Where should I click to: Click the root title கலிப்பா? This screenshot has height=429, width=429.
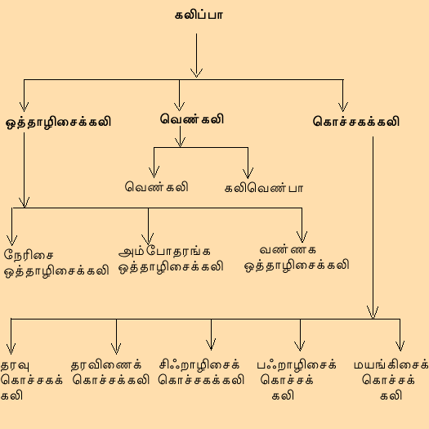click(x=199, y=15)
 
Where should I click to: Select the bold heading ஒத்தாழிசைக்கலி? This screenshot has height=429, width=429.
click(x=59, y=123)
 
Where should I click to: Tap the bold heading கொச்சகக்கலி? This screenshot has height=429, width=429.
click(x=356, y=122)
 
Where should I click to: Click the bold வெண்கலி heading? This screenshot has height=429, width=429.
click(x=192, y=119)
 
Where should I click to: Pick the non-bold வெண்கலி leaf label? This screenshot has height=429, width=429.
click(x=157, y=186)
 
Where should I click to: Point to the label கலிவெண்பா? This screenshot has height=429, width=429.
click(x=264, y=188)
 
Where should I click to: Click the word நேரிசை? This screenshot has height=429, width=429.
click(x=29, y=254)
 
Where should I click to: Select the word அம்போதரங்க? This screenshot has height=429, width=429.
click(x=164, y=251)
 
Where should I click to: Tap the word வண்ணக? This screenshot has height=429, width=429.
click(x=288, y=249)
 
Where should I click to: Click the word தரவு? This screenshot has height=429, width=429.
click(x=15, y=365)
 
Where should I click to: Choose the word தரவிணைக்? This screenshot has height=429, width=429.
click(x=106, y=365)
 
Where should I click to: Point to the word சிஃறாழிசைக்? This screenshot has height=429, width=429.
click(x=199, y=365)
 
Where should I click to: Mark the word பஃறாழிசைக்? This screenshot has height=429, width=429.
click(x=297, y=365)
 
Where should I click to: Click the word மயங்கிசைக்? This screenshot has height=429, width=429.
click(x=391, y=365)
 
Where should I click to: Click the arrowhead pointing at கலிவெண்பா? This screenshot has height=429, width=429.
click(x=248, y=173)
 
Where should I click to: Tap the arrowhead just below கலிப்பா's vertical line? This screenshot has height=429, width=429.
click(x=196, y=73)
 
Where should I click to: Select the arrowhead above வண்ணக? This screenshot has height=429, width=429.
click(x=302, y=237)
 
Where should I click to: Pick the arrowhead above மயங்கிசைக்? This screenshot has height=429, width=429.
click(x=400, y=346)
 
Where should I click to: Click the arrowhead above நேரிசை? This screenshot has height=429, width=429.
click(x=11, y=240)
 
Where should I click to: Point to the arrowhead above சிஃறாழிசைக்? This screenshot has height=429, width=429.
click(x=211, y=345)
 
